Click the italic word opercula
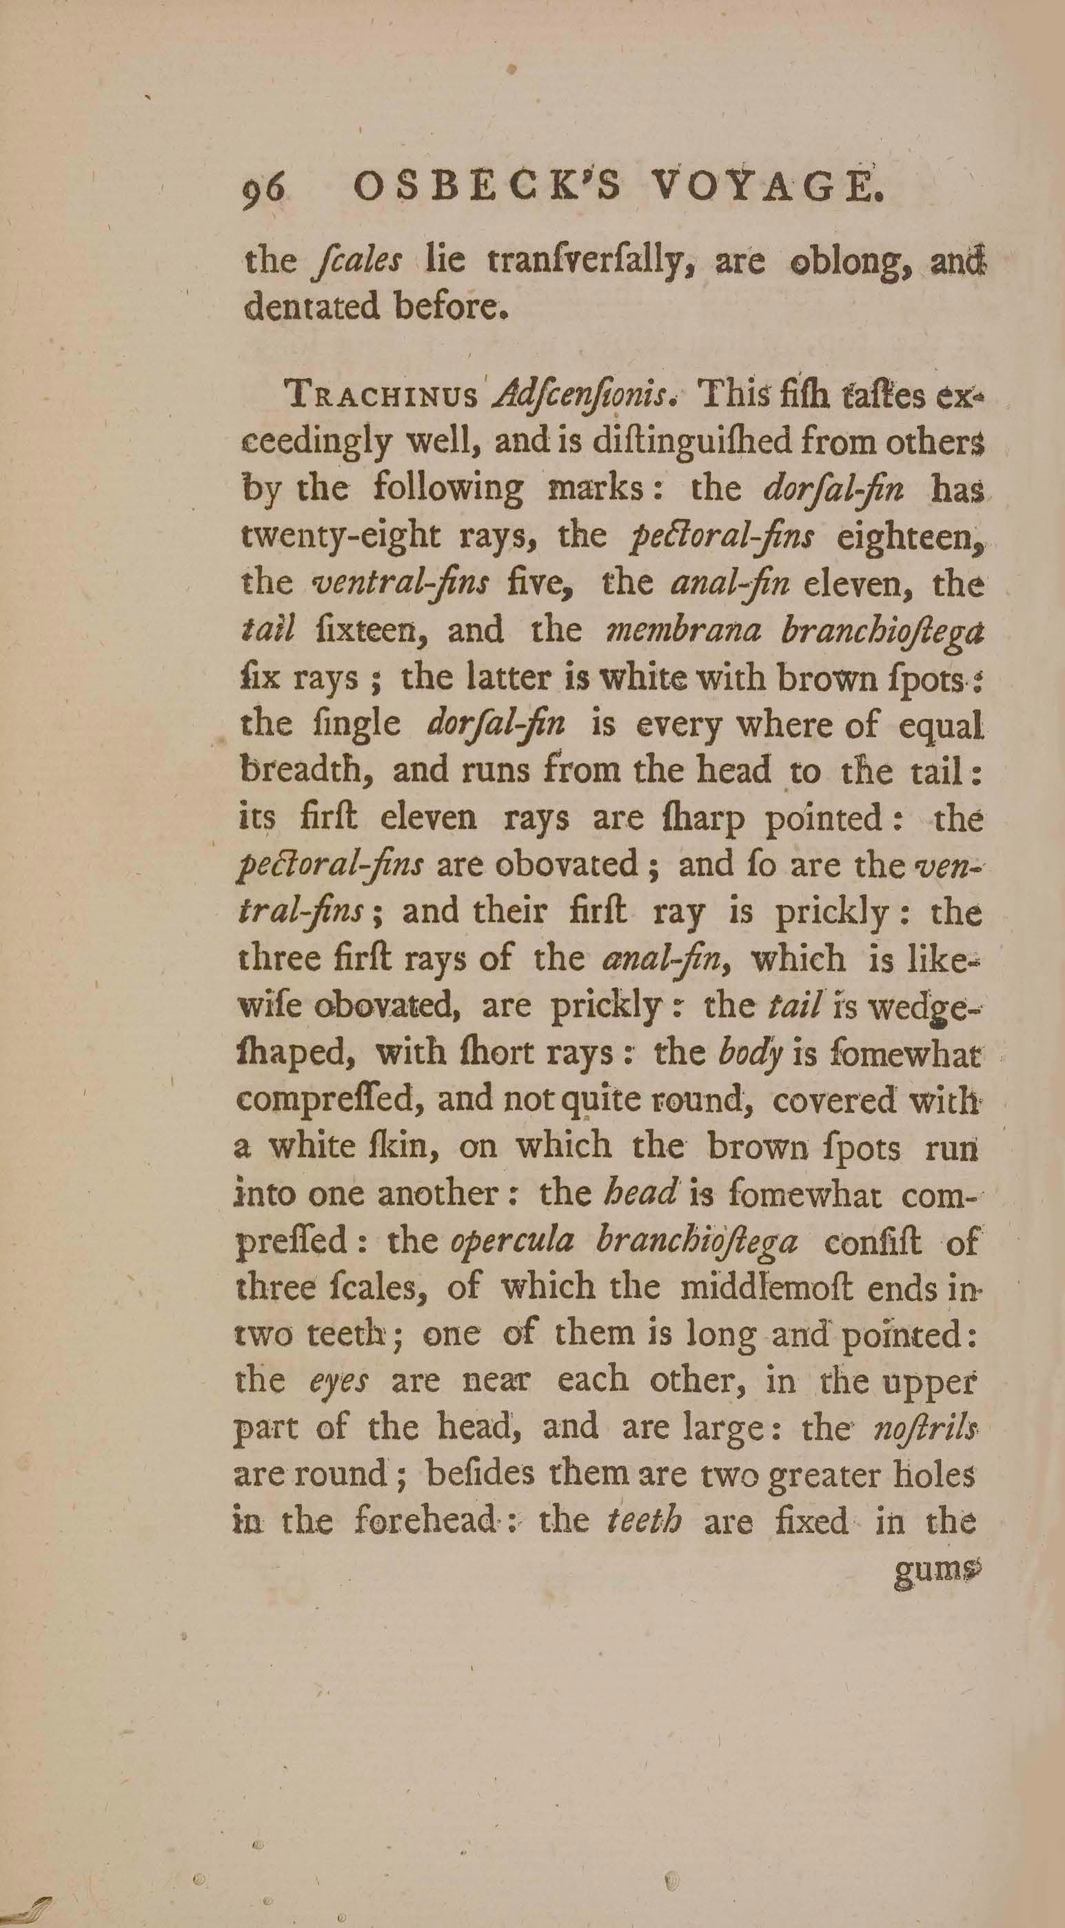pyautogui.click(x=512, y=1240)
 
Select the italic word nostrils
pyautogui.click(x=925, y=1428)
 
